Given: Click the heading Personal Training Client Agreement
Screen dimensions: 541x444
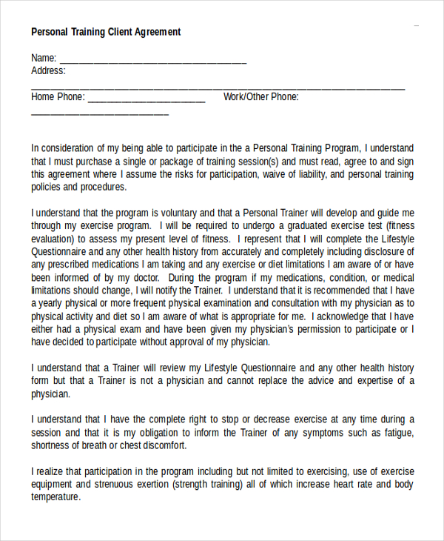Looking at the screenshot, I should point(106,32).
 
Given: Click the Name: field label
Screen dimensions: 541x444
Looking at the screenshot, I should point(44,58).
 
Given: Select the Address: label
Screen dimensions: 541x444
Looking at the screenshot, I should point(48,71).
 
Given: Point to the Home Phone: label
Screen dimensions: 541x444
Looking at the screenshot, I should point(58,97).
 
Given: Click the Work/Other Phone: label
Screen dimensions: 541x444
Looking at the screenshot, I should point(261,97).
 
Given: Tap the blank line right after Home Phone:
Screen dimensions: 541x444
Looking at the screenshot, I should point(147,99).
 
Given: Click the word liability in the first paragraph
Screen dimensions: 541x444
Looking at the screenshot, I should point(306,175).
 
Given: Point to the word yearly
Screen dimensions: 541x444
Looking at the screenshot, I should point(53,303).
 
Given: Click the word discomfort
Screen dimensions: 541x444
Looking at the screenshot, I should point(161,446).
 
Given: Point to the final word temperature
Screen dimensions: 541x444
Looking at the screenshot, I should point(55,498).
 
